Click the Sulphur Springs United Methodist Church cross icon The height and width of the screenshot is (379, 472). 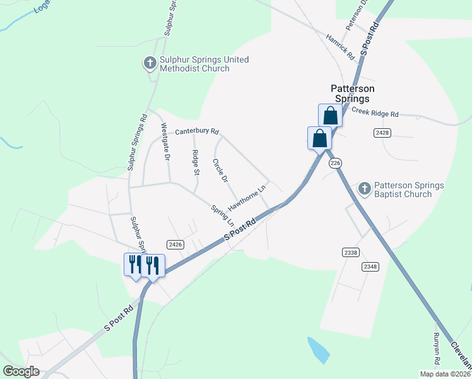click(x=150, y=63)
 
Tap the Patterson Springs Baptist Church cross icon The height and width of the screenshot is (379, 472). click(x=365, y=188)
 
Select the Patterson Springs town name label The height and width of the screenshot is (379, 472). click(x=350, y=93)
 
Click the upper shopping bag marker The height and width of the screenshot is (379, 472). click(x=330, y=116)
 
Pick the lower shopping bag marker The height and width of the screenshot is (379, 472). click(x=319, y=138)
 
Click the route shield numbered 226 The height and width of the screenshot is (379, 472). click(x=335, y=163)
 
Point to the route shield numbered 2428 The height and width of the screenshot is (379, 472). click(x=382, y=132)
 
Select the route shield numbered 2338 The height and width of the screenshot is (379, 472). click(x=351, y=252)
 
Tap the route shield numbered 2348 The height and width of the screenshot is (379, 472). click(x=370, y=267)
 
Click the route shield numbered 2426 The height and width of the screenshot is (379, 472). click(x=175, y=244)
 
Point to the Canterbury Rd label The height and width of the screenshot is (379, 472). click(x=197, y=131)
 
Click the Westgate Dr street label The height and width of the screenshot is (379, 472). click(x=165, y=142)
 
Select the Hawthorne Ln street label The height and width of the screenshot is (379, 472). click(x=247, y=198)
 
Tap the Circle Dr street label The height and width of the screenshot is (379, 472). click(x=220, y=169)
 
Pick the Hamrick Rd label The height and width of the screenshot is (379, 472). click(x=341, y=47)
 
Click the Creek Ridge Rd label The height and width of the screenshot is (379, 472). click(x=375, y=113)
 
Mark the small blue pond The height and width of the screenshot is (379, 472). click(x=317, y=349)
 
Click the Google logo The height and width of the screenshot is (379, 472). click(x=21, y=371)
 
